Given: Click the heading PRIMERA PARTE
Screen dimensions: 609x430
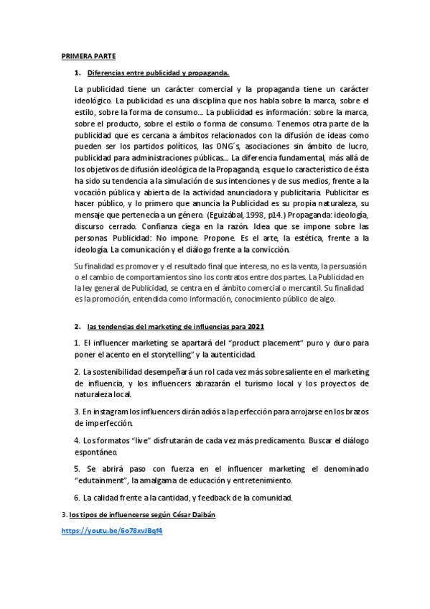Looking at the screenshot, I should click(x=88, y=55).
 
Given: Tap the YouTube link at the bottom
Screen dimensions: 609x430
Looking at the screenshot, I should click(x=111, y=531).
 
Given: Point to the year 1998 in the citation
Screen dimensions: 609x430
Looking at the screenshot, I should click(x=275, y=215).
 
